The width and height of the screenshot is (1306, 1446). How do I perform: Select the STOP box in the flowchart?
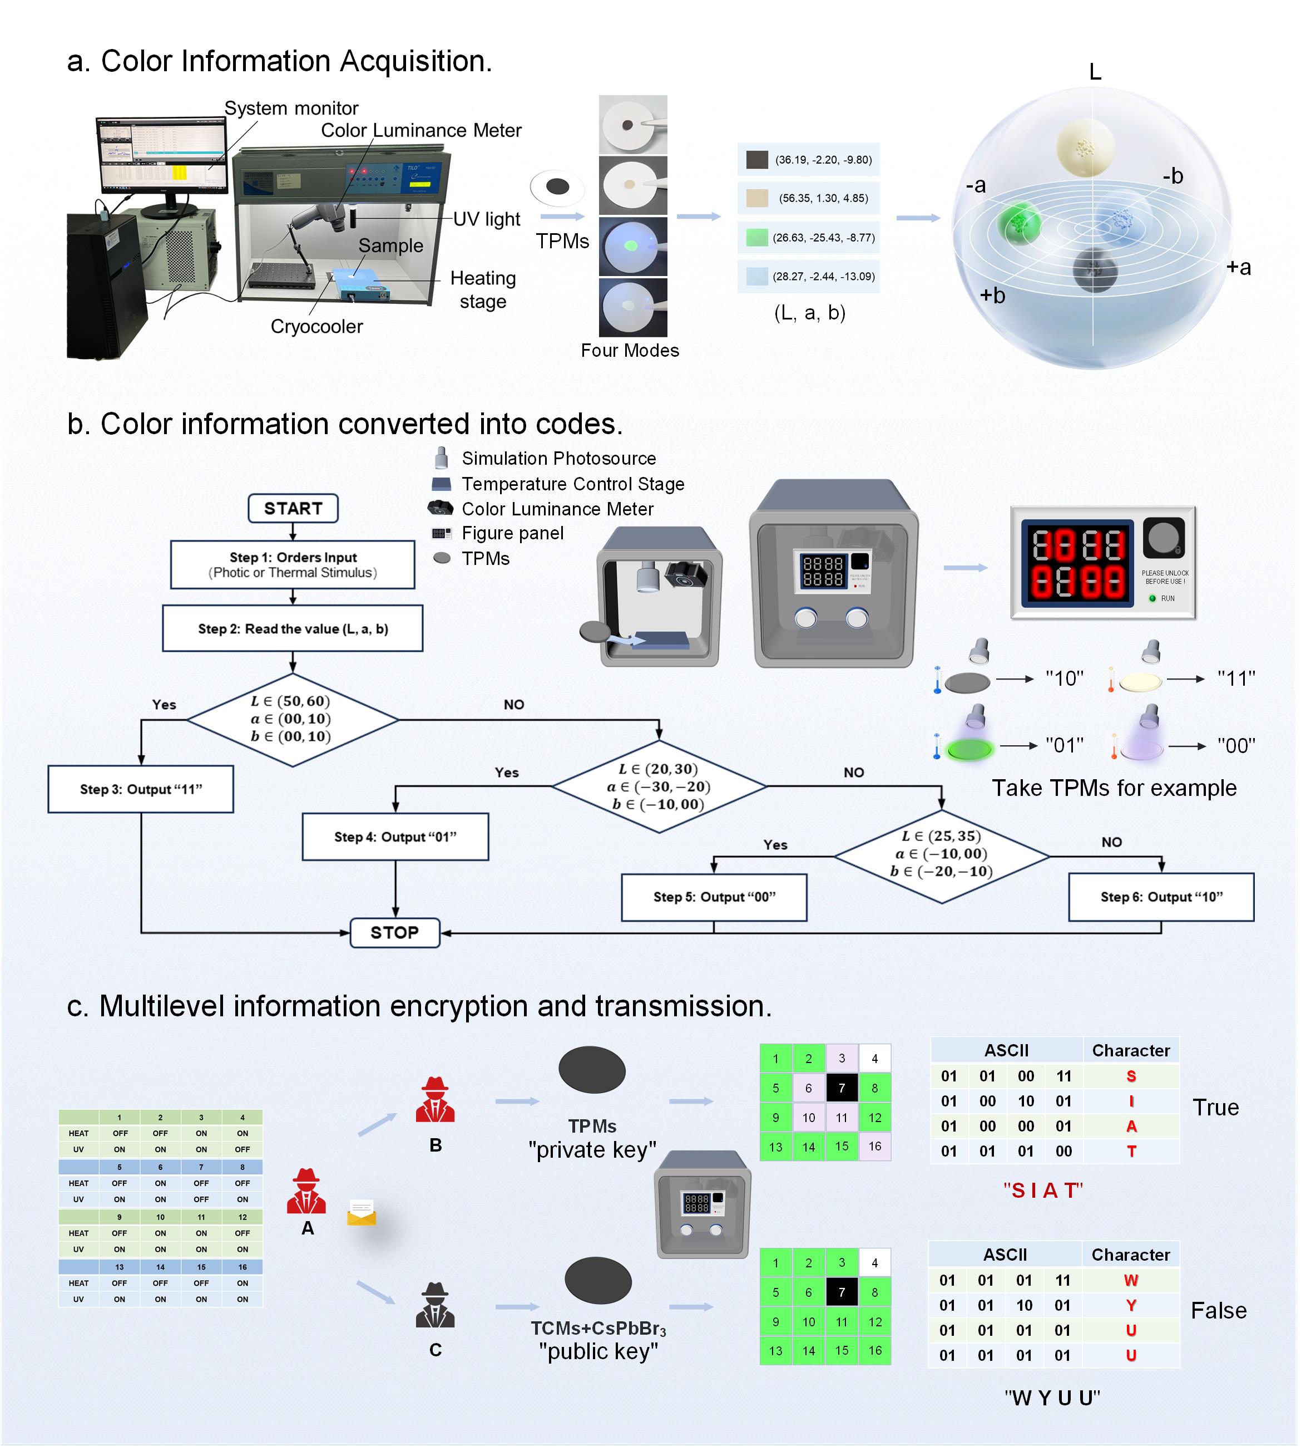coord(394,932)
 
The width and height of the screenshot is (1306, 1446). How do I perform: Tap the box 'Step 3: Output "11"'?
coord(141,789)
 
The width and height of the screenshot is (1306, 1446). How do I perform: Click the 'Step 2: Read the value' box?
coord(293,628)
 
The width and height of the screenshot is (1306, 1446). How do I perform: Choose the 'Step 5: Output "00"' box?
coord(714,897)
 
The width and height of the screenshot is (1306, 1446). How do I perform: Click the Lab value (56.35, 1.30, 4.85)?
coord(823,199)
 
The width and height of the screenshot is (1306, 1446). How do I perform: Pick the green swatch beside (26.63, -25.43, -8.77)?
coord(756,238)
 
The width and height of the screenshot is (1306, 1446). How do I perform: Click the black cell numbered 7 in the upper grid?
coord(842,1088)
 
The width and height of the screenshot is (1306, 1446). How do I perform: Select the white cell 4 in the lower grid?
coord(874,1262)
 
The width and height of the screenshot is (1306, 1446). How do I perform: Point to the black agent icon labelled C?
coord(434,1305)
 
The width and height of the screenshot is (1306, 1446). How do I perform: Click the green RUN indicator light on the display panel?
coord(1152,598)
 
